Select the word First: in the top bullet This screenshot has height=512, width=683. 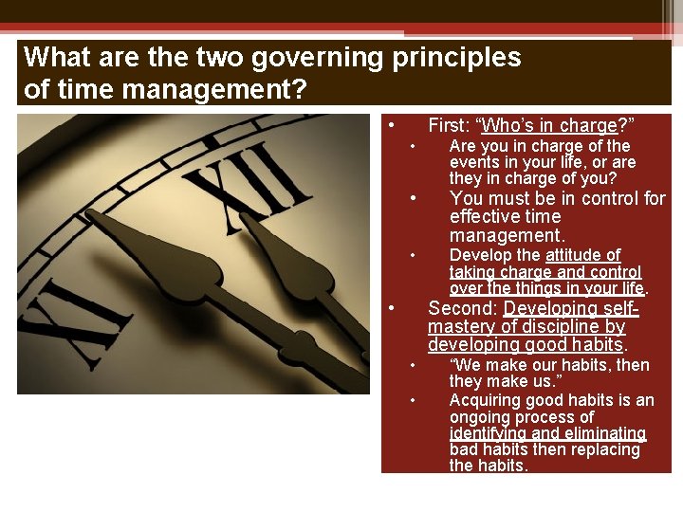click(x=449, y=125)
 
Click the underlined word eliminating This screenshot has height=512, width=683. click(x=598, y=433)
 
